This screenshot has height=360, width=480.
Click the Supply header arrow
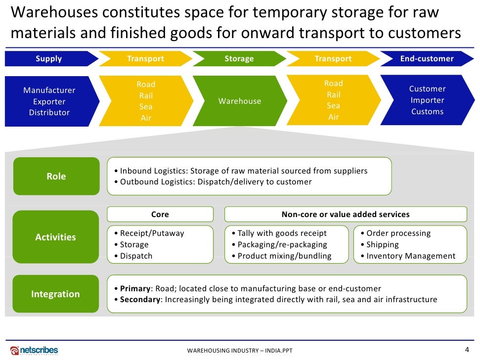pos(49,59)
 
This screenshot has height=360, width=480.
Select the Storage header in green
pos(239,59)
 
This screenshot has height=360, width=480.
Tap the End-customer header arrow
pos(427,59)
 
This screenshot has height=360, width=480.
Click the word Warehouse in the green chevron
pos(240,101)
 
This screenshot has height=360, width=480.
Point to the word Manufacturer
pos(49,90)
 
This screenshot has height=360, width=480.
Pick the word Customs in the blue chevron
pos(428,112)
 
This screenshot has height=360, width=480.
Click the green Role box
pos(56,177)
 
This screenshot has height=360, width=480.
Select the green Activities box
pos(56,237)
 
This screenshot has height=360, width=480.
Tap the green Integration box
pos(55,294)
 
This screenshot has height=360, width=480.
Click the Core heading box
pos(160,215)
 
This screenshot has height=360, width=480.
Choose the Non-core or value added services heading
pos(346,215)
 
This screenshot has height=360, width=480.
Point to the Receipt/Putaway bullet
pos(149,233)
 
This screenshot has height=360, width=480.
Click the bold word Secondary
pos(140,300)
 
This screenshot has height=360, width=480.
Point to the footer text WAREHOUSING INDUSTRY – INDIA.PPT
pos(240,351)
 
